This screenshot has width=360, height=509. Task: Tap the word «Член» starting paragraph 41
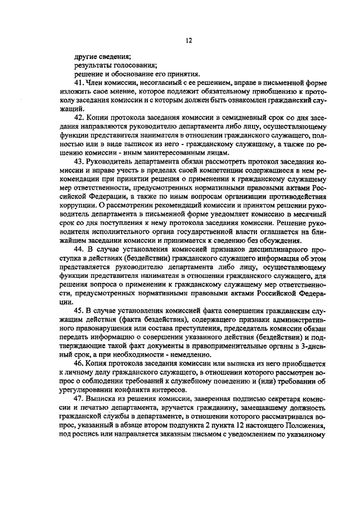tap(97, 83)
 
